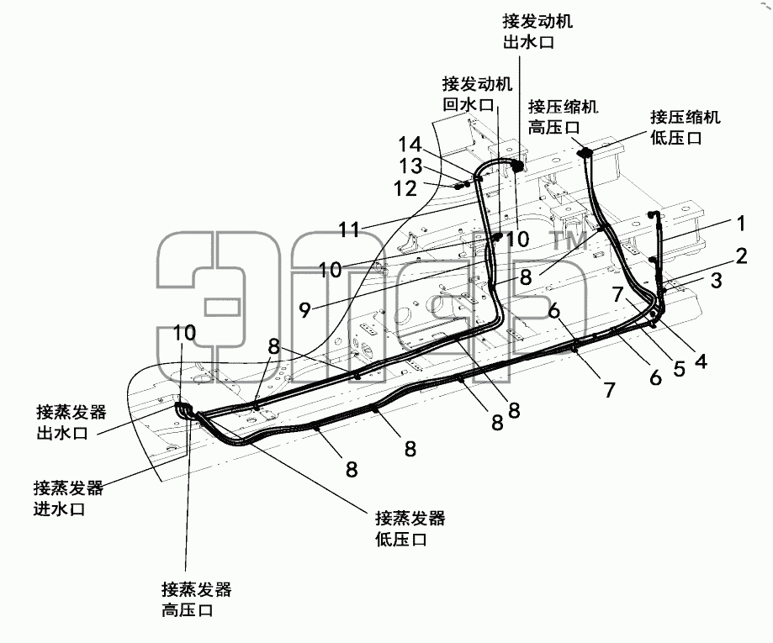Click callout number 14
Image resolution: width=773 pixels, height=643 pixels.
[410, 145]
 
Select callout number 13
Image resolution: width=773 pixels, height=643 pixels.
[410, 166]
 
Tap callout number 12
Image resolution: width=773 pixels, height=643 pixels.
[405, 188]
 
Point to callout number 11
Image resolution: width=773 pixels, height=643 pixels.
[350, 229]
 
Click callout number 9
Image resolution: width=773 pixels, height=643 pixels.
[305, 310]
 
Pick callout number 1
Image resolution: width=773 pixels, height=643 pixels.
[741, 224]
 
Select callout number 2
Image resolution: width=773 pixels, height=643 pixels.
[741, 256]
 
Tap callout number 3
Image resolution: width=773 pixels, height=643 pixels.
[717, 281]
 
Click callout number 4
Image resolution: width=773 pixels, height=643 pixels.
[701, 361]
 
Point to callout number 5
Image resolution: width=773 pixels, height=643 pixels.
[680, 368]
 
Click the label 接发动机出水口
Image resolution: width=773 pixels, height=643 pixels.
[537, 32]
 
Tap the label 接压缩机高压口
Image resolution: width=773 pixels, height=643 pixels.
[563, 117]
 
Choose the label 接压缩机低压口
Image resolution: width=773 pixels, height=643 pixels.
[686, 127]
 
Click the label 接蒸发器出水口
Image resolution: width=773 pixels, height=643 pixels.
[71, 422]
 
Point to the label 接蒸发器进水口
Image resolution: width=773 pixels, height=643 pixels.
[68, 498]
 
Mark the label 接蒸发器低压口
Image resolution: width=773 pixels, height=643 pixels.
[410, 529]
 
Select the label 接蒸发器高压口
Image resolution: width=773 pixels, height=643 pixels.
[196, 599]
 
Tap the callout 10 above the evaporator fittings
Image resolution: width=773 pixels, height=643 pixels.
[185, 333]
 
